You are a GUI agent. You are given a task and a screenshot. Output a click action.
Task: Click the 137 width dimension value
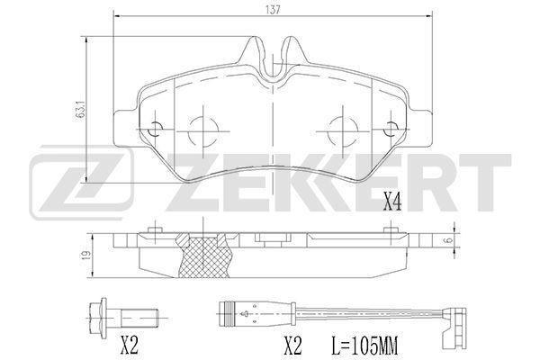(273, 10)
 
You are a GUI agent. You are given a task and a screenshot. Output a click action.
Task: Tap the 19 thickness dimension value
(86, 255)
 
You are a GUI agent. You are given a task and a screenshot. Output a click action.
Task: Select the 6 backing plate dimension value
(448, 240)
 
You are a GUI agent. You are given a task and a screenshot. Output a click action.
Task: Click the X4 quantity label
(392, 202)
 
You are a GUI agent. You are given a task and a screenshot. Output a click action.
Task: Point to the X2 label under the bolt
(130, 346)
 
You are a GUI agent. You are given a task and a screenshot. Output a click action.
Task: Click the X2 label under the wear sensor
(293, 346)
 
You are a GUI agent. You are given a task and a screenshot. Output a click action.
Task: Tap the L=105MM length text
(365, 346)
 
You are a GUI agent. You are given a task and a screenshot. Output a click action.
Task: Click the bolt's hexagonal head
(98, 317)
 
